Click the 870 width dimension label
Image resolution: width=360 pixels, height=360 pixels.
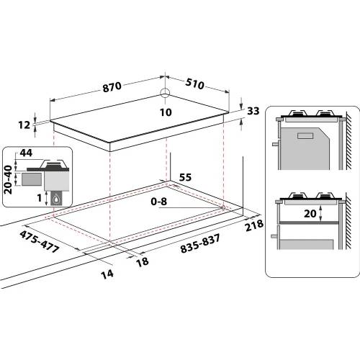click(112, 87)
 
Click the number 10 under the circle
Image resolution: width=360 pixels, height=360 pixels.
click(166, 112)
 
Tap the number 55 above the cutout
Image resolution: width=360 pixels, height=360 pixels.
click(185, 176)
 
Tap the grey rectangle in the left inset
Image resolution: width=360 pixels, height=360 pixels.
click(32, 176)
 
